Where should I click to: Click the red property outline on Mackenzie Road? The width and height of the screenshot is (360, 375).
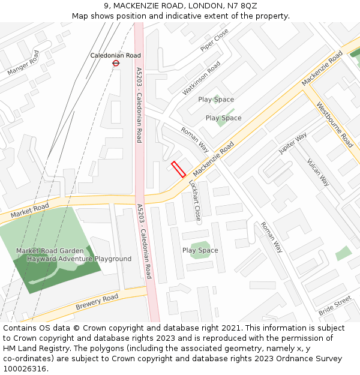(178, 169)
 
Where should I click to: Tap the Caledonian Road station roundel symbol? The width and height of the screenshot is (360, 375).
(116, 62)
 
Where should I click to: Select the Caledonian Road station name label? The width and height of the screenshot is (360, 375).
(115, 55)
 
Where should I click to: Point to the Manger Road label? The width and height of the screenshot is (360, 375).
(23, 63)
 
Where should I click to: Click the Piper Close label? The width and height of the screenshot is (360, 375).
(214, 40)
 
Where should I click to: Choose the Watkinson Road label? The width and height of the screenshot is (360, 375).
(202, 78)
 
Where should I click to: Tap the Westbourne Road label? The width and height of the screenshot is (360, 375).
(335, 125)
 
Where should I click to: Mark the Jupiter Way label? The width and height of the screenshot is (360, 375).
(292, 143)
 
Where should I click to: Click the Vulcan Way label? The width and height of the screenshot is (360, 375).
(318, 172)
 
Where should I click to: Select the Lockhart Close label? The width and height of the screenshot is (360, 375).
(194, 199)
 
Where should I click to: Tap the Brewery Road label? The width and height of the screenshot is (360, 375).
(97, 302)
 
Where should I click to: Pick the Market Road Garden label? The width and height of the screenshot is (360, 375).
(50, 251)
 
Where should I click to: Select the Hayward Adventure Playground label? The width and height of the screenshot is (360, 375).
(79, 259)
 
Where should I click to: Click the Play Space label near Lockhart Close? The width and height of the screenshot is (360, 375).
(200, 250)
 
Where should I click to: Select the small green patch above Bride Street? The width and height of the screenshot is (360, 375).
(343, 253)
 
